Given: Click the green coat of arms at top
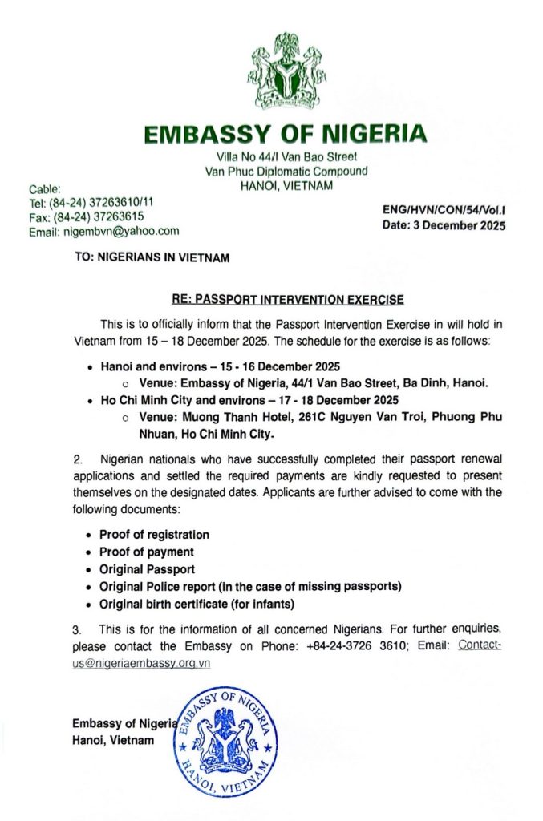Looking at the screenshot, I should [286, 72].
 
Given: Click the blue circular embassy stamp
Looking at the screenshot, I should [225, 741].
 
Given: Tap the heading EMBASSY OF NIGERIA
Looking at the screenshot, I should [286, 134].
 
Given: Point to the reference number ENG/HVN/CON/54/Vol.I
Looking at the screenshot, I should [444, 211].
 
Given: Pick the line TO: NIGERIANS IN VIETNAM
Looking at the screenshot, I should [151, 258].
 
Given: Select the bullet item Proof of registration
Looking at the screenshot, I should [154, 534].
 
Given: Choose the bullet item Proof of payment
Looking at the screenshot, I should [146, 552].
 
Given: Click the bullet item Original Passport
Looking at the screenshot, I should [147, 569].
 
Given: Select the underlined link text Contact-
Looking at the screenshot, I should [479, 645].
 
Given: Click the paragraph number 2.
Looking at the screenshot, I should [78, 460].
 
